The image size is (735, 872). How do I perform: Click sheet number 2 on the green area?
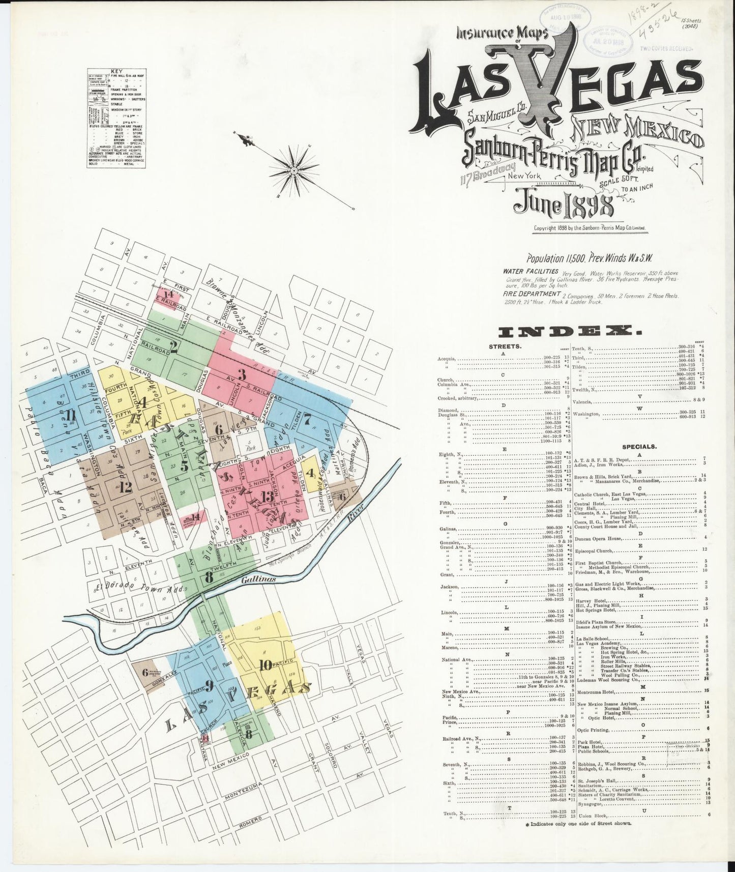coord(173,347)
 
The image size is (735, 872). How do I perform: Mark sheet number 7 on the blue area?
coord(307,420)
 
